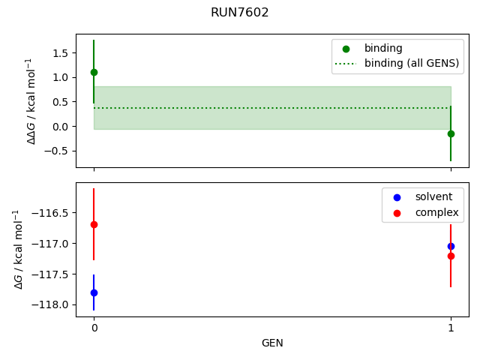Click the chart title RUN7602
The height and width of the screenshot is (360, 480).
coord(240,13)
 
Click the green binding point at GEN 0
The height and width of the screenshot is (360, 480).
coord(94,72)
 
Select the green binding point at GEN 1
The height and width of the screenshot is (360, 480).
coord(451,133)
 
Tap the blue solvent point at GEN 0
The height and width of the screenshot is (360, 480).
coord(94,292)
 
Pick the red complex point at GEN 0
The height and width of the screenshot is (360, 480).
coord(94,224)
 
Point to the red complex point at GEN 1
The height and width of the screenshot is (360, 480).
coord(451,256)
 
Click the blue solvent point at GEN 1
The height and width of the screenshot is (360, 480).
coord(451,246)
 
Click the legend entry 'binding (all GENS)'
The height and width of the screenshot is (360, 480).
coord(411,63)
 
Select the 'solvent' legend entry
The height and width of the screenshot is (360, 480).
coord(421,196)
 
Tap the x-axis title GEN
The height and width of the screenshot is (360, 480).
coord(272,343)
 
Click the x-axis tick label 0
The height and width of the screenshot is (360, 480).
coord(94,328)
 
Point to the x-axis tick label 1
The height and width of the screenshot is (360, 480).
coord(451,328)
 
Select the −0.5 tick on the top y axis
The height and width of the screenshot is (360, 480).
coord(58,151)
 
